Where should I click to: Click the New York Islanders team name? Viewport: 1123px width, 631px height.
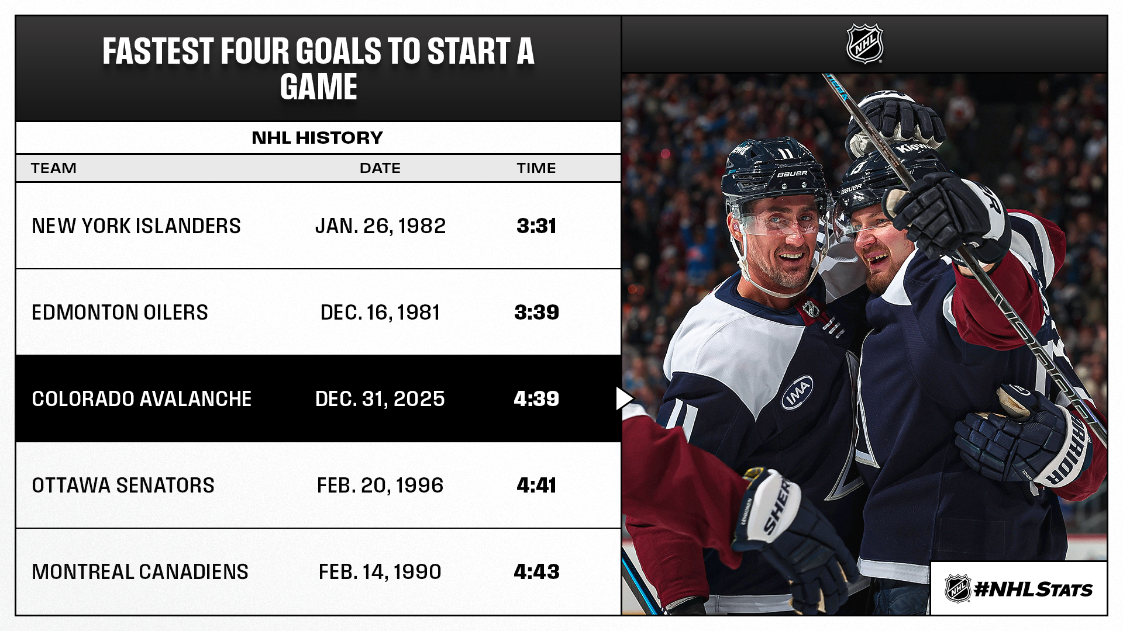pos(136,226)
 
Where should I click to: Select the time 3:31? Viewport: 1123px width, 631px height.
pos(536,226)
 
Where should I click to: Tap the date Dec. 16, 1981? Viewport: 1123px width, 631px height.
pos(380,313)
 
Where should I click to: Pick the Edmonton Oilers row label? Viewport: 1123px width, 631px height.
pos(120,313)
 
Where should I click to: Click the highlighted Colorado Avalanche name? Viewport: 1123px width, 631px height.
pos(142,399)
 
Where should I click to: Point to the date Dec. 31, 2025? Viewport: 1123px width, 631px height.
pos(380,399)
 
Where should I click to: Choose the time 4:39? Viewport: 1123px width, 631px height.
pos(536,399)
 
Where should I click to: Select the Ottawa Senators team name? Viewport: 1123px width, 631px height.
pos(123,486)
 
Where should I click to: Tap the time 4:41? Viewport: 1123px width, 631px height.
pos(536,486)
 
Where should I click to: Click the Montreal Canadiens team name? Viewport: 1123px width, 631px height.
pos(140,572)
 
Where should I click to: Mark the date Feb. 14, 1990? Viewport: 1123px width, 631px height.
pos(380,572)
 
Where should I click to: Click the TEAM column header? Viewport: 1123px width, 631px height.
pos(54,168)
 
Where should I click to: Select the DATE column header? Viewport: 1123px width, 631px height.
pos(380,168)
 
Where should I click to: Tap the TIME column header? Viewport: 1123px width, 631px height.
pos(536,168)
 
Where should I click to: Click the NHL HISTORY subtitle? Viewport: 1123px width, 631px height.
pos(318,138)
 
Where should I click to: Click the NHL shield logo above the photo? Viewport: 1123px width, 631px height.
pos(864,44)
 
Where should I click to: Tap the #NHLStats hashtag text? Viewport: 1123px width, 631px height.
pos(1033,590)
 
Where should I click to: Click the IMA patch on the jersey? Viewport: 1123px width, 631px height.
pos(798,392)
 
